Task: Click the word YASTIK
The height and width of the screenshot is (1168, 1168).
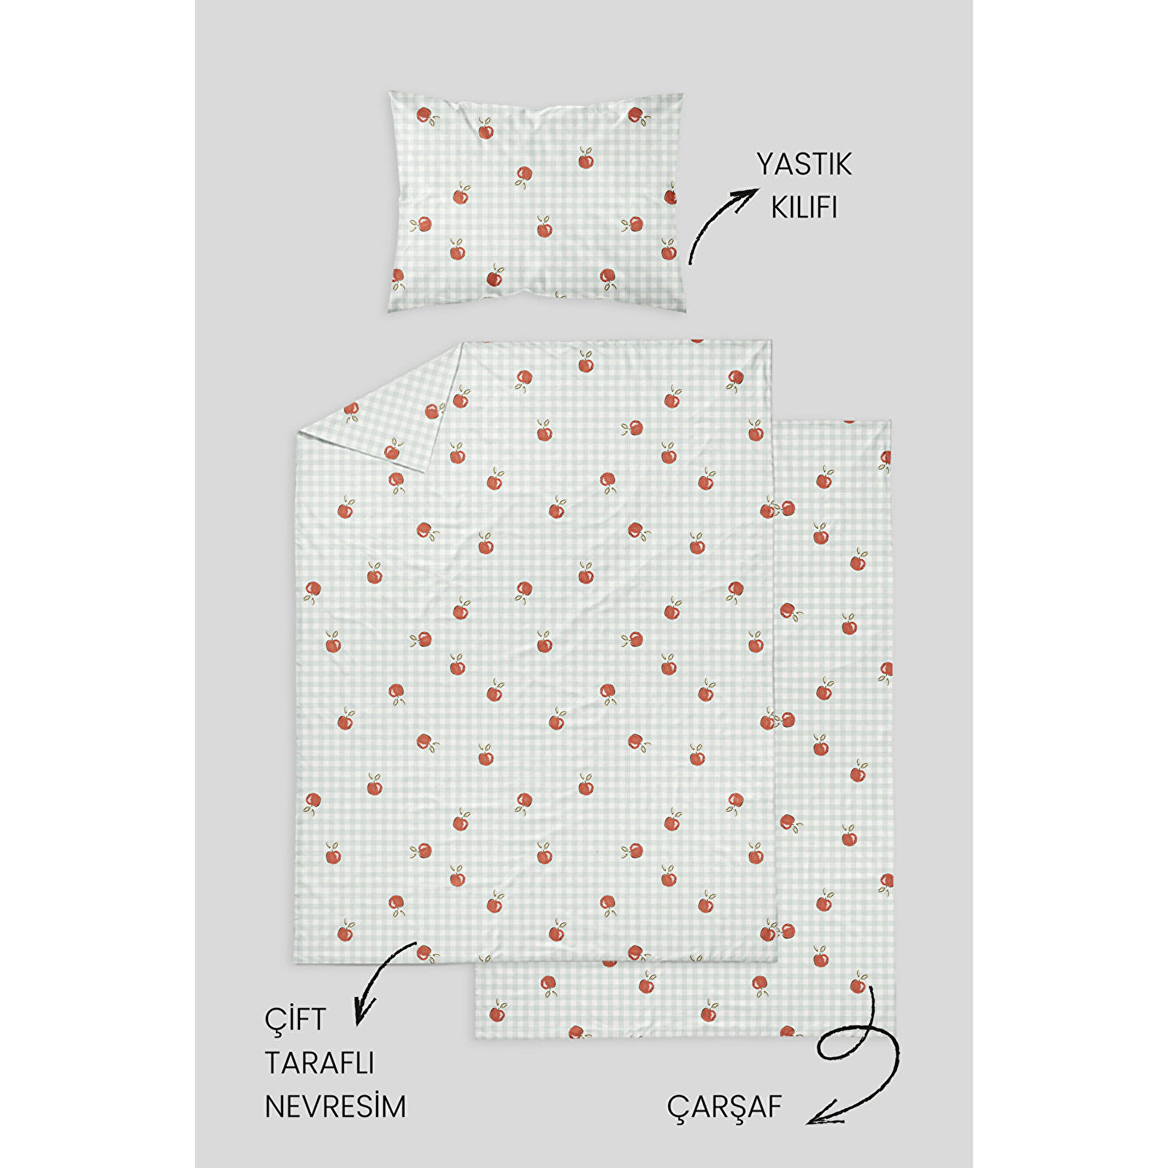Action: pyautogui.click(x=804, y=164)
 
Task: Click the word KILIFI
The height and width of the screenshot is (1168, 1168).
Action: pyautogui.click(x=804, y=208)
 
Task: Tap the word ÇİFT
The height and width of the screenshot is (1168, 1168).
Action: pyautogui.click(x=295, y=1020)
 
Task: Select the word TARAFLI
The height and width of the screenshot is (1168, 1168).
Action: pyautogui.click(x=319, y=1063)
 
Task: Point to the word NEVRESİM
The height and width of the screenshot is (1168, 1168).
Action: pyautogui.click(x=335, y=1107)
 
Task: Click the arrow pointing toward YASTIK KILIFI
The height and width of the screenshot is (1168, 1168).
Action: pyautogui.click(x=719, y=223)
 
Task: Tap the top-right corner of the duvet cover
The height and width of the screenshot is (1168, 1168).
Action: pyautogui.click(x=770, y=341)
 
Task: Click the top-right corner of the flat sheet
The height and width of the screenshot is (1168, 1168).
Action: pyautogui.click(x=890, y=422)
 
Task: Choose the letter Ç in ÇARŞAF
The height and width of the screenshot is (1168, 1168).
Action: pyautogui.click(x=677, y=1107)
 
